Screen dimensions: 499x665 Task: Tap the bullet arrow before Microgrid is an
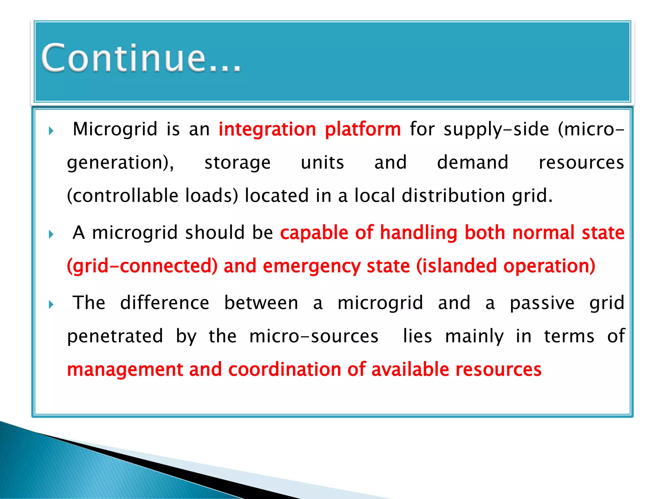pos(51,131)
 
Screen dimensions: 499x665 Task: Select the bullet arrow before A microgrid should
pos(51,234)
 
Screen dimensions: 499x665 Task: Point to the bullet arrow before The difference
pos(51,305)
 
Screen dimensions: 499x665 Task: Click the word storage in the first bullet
pos(237,163)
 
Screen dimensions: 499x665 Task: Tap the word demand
pos(472,162)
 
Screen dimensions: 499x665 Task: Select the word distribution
pos(453,196)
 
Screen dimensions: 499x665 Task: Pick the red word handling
pos(419,233)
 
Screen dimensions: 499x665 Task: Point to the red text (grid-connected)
pos(142,266)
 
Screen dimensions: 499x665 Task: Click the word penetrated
pos(115,337)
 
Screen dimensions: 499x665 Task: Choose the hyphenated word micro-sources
pos(314,336)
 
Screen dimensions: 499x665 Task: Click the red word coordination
pos(284,370)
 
